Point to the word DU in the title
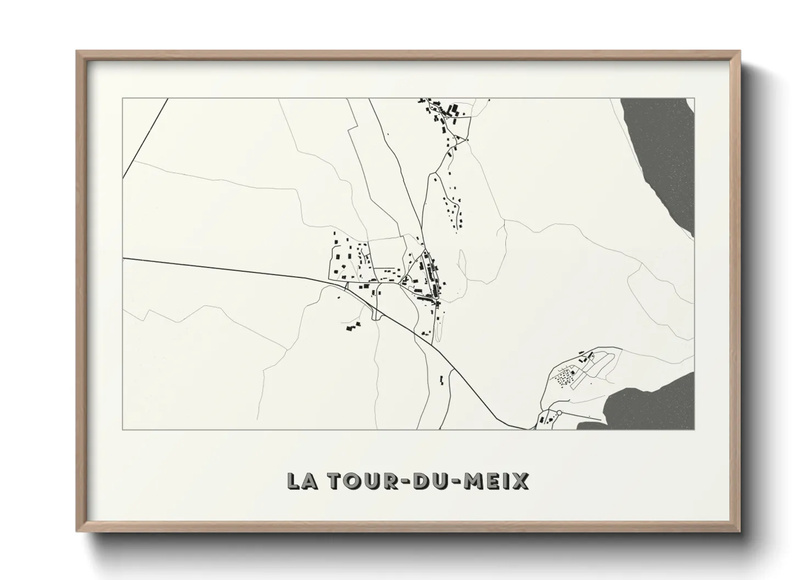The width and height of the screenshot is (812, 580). click(431, 481)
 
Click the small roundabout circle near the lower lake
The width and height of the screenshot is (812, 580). click(559, 412)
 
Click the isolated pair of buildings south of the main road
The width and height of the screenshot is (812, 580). click(442, 379)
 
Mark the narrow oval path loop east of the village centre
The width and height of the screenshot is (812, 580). click(463, 263)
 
